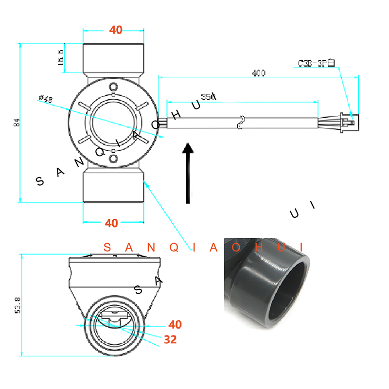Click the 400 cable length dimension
coord(259,73)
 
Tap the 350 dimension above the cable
coord(208,97)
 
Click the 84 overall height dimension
coord(17,122)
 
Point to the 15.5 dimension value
coord(60,58)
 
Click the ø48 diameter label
coord(45,99)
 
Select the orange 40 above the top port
coord(116,30)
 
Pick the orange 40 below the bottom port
coord(111,223)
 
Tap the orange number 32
coord(170,340)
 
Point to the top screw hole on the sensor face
coord(113,88)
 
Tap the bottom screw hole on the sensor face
coord(113,159)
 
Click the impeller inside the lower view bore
coord(113,318)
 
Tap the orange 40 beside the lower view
coord(175,324)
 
